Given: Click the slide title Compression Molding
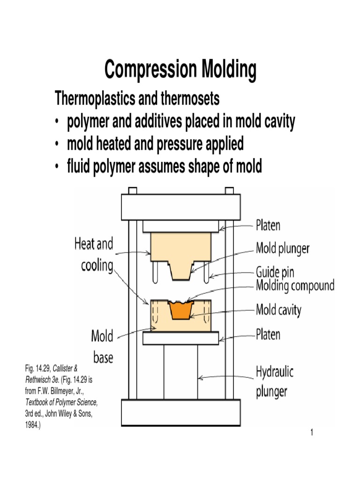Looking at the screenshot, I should pos(180,70).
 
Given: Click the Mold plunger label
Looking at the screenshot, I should pos(282,248).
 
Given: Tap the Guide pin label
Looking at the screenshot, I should pos(275,272).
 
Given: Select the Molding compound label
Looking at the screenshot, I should pos(294,285).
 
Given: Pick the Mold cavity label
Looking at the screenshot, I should pos(278,310).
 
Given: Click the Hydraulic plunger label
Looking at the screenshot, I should pos(275,382).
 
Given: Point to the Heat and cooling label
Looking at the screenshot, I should pos(94,255).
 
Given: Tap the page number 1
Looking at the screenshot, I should pos(311,431).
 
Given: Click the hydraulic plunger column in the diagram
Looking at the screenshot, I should pos(180,370).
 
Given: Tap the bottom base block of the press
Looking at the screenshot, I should pos(180,412).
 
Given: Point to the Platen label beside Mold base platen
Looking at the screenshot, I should pos(268,335).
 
